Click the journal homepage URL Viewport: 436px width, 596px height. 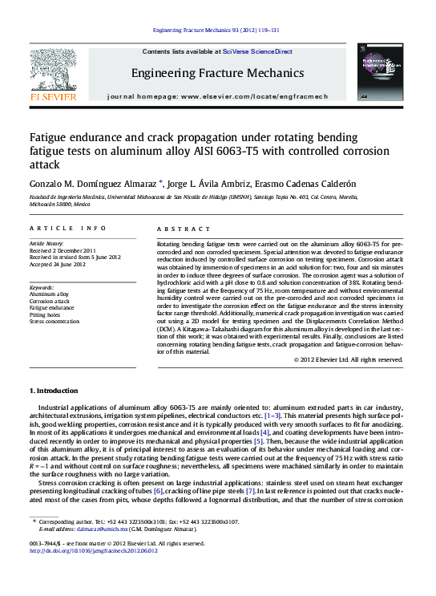point(264,95)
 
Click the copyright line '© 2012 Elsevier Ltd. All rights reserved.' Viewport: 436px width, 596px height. point(348,360)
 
